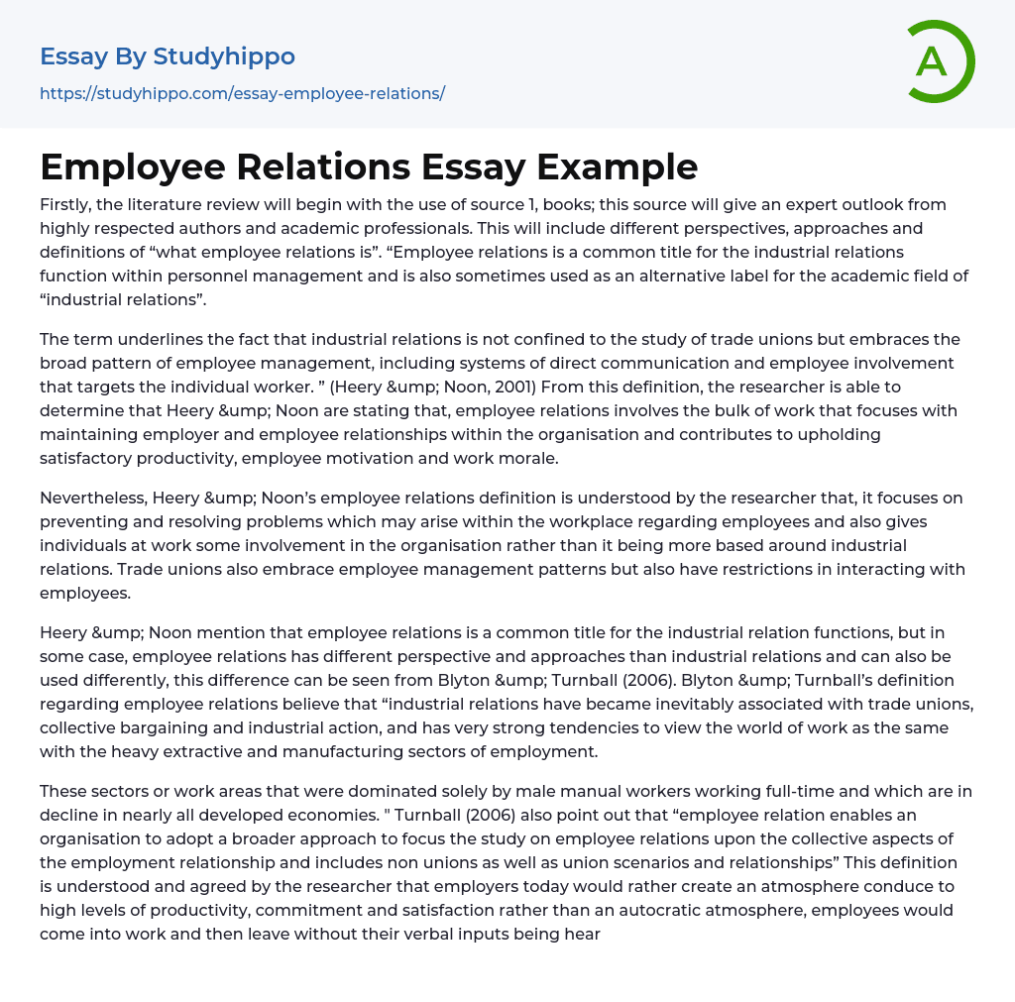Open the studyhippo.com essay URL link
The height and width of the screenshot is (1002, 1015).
point(242,93)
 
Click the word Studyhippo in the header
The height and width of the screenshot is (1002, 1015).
point(224,56)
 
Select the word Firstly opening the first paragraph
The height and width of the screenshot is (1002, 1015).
point(69,204)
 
